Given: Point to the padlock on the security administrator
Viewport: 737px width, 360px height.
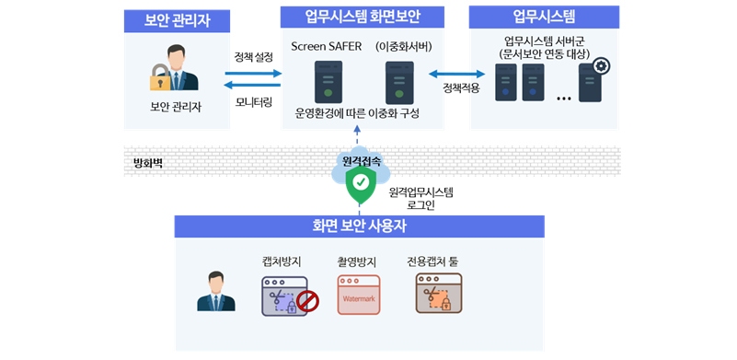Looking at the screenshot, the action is pyautogui.click(x=161, y=81).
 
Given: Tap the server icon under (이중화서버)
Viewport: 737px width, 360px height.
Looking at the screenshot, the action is pyautogui.click(x=398, y=81).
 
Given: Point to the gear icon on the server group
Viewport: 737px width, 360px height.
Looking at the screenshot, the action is pyautogui.click(x=602, y=65).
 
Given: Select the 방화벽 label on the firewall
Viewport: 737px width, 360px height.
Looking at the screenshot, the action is pyautogui.click(x=147, y=164).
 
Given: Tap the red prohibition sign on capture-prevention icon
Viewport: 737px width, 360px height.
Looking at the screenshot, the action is pyautogui.click(x=307, y=301).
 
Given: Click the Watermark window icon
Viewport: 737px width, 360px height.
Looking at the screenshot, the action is pyautogui.click(x=359, y=295).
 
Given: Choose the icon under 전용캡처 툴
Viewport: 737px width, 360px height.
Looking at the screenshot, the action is pyautogui.click(x=438, y=295).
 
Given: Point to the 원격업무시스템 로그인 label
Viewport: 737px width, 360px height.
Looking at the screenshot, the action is pyautogui.click(x=420, y=198).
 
